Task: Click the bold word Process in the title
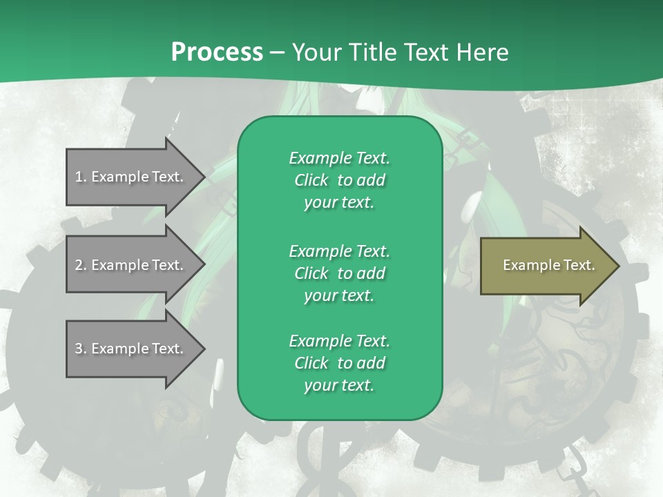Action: click(217, 52)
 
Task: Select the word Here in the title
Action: click(483, 52)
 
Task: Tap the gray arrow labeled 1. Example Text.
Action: click(131, 177)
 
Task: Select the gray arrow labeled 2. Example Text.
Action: click(131, 265)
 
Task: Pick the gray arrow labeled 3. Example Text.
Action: click(131, 349)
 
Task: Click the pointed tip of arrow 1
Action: click(202, 177)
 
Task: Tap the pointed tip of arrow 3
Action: click(202, 349)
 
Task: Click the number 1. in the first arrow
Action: click(81, 177)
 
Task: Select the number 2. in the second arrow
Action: click(81, 265)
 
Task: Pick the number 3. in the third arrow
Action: click(81, 349)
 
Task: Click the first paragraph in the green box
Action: click(339, 180)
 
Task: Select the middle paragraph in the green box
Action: click(339, 273)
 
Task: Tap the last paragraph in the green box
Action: click(339, 363)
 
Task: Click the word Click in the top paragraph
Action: click(311, 180)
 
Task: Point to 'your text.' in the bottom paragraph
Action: click(339, 386)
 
